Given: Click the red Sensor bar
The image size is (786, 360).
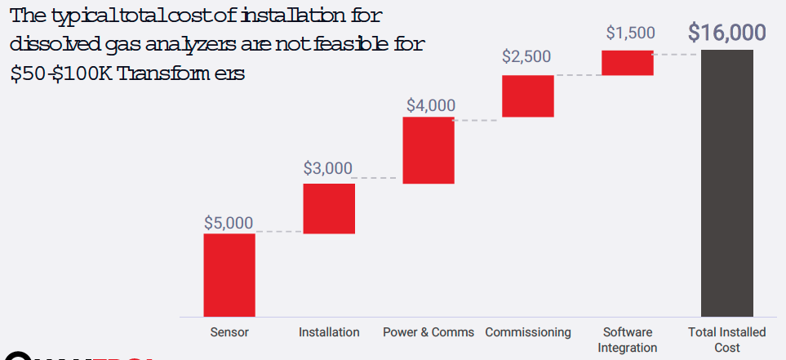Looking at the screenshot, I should [x=229, y=274].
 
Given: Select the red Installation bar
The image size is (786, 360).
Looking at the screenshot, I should [x=329, y=208].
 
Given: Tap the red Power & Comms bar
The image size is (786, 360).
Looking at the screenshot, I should [x=429, y=150].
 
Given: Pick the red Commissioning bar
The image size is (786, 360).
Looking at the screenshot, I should [x=528, y=96].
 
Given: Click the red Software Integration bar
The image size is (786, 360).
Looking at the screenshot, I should [x=628, y=63].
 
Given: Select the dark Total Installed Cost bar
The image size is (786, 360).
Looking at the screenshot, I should [x=727, y=183].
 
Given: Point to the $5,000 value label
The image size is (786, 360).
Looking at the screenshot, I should [x=229, y=223].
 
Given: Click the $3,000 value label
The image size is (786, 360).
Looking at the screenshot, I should [x=328, y=169].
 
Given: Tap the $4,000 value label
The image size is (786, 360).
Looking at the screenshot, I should [x=431, y=105].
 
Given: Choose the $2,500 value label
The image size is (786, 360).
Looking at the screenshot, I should [x=526, y=57].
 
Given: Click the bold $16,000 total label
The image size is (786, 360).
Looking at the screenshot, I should [x=727, y=33].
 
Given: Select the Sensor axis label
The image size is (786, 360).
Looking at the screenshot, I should [x=229, y=332].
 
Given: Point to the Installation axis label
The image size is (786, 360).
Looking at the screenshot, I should [x=329, y=332].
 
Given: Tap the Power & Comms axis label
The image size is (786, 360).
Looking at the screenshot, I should [x=429, y=332].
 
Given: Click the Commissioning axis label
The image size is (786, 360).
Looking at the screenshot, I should [x=528, y=332].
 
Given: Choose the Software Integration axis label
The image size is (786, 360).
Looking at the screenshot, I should [x=628, y=340].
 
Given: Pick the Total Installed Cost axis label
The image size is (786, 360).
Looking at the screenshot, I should [x=727, y=340].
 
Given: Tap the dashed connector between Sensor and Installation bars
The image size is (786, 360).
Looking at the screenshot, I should [x=278, y=233].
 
